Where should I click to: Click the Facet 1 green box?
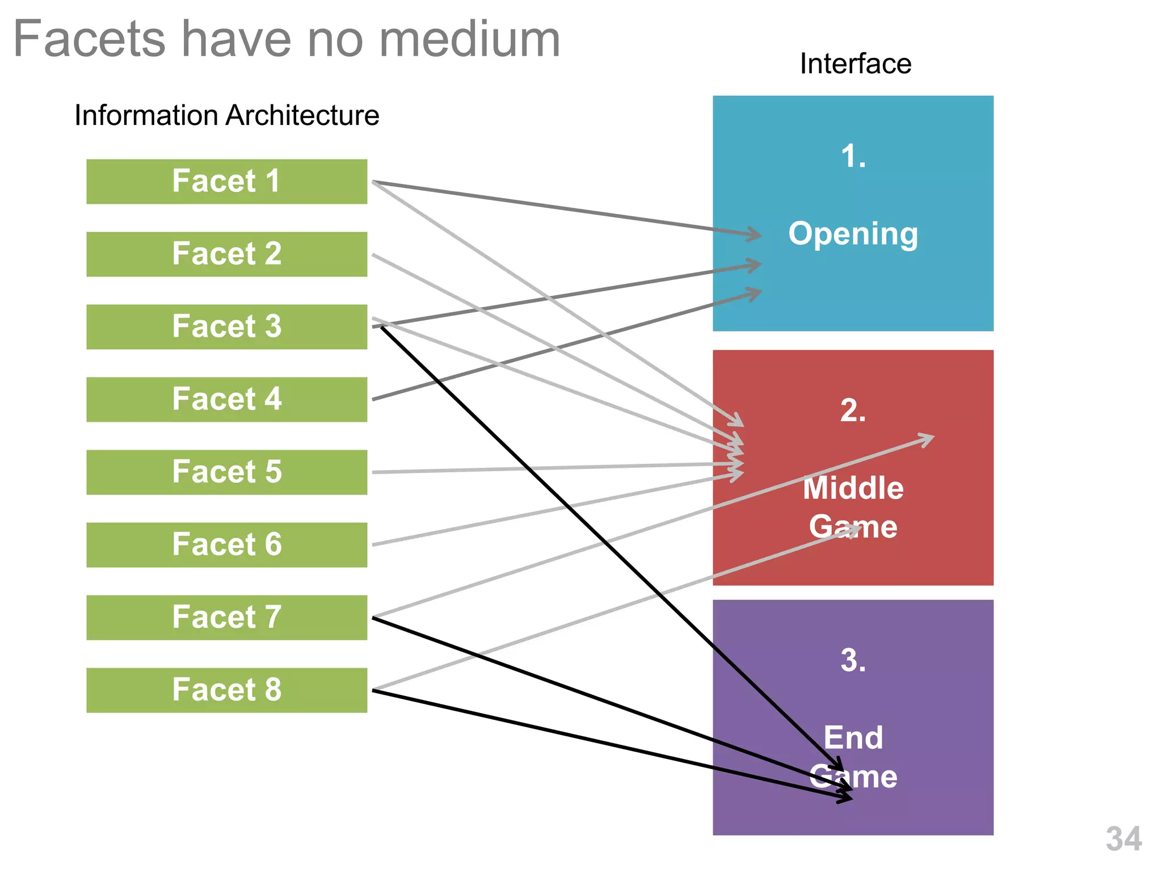point(226,182)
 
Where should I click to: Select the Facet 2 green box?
point(226,254)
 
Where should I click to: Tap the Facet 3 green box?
point(226,326)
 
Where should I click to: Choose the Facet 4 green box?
point(226,399)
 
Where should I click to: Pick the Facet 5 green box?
point(226,472)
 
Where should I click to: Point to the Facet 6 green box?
point(226,544)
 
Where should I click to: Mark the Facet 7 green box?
point(226,617)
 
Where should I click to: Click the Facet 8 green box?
point(226,690)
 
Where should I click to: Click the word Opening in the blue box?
point(853,234)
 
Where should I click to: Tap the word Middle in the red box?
point(853,488)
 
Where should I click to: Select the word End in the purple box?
point(853,738)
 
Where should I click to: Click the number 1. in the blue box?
point(853,156)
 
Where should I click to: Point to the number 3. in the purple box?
point(853,660)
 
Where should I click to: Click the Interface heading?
point(855,64)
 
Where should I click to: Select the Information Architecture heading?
point(226,115)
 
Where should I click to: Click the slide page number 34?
point(1123,839)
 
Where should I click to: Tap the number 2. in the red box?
point(853,410)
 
